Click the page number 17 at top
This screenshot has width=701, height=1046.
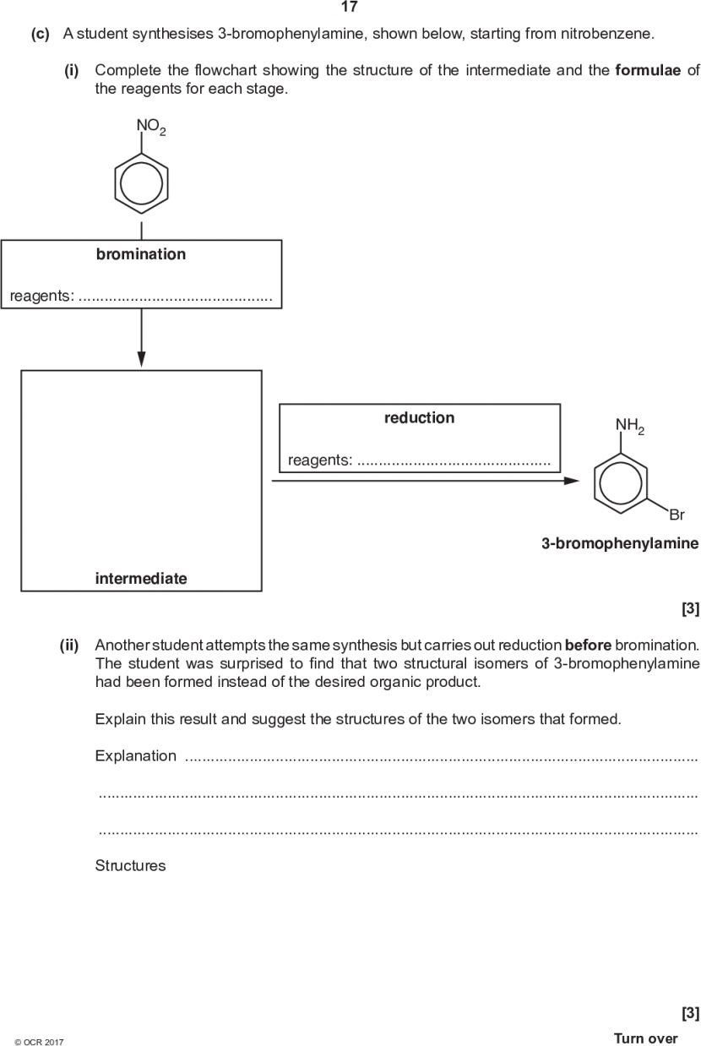click(349, 8)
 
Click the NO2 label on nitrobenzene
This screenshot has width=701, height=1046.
click(151, 128)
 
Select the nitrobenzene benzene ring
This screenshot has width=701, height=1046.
click(141, 181)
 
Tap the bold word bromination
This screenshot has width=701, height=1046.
click(141, 254)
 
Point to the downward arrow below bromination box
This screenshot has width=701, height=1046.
click(141, 338)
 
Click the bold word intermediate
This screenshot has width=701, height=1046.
click(141, 579)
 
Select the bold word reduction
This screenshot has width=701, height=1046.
click(419, 417)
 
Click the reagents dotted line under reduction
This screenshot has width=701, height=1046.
click(454, 460)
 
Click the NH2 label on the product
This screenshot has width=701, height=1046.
click(629, 426)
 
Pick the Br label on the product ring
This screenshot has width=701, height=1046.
click(677, 514)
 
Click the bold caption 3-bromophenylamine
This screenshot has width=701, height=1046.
click(620, 544)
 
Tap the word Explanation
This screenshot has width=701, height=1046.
click(136, 755)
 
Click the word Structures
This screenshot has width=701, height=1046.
click(130, 865)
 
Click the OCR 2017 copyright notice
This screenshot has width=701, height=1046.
click(39, 1042)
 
